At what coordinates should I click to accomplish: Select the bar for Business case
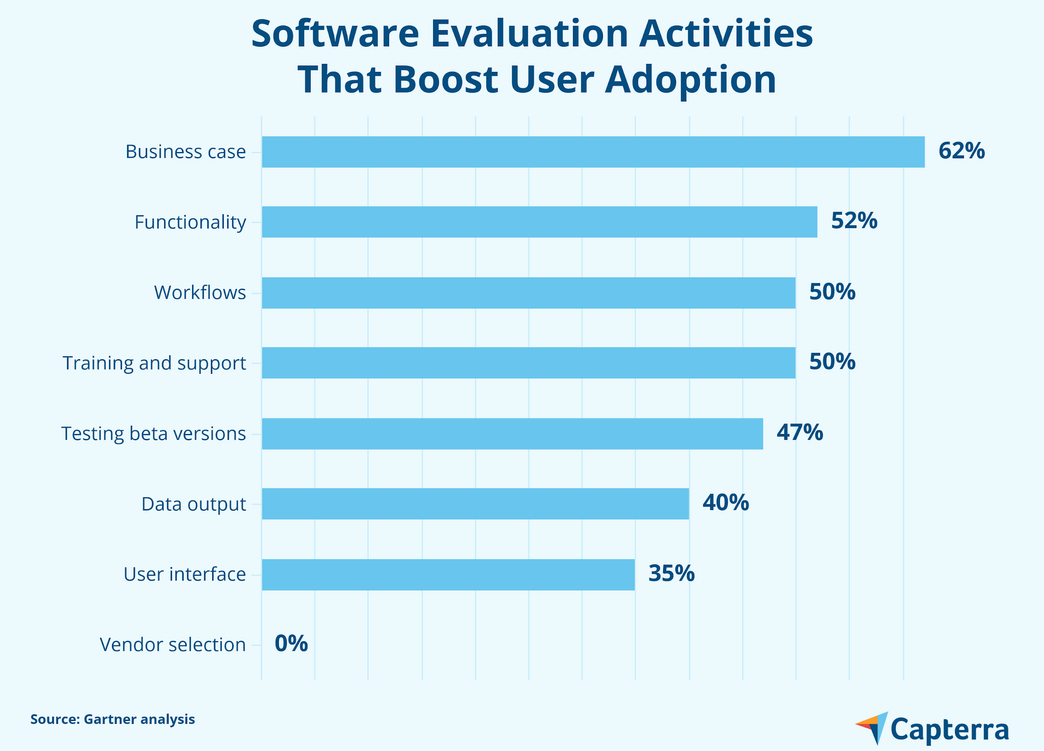pos(593,152)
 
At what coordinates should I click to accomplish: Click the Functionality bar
pos(540,222)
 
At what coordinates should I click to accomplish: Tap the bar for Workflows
pos(528,292)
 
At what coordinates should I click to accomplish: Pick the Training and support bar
pos(528,363)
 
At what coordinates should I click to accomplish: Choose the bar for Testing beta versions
pos(512,433)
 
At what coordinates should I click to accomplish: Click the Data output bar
pos(475,504)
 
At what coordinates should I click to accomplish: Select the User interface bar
pos(448,574)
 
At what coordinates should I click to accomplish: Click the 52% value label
pos(854,221)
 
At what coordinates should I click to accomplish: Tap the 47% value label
pos(800,432)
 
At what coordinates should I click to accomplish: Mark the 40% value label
pos(725,502)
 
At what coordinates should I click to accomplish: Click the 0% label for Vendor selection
pos(291,643)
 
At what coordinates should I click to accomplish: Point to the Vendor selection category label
pos(172,644)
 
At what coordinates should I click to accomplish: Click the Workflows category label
pos(200,292)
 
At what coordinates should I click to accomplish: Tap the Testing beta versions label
pos(153,434)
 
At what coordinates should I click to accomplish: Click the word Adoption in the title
pos(690,79)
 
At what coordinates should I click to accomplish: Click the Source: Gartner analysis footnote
pos(112,719)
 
